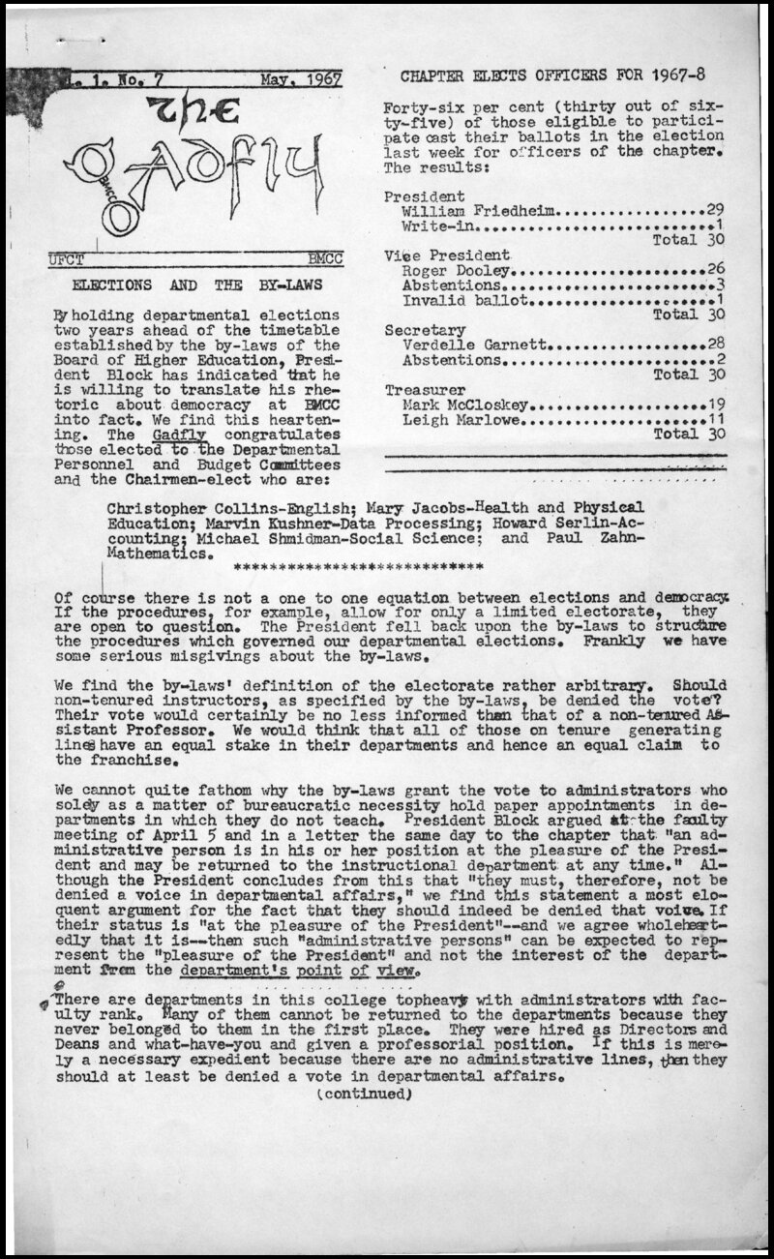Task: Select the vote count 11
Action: pos(715,420)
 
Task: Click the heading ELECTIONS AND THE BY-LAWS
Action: pos(198,285)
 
